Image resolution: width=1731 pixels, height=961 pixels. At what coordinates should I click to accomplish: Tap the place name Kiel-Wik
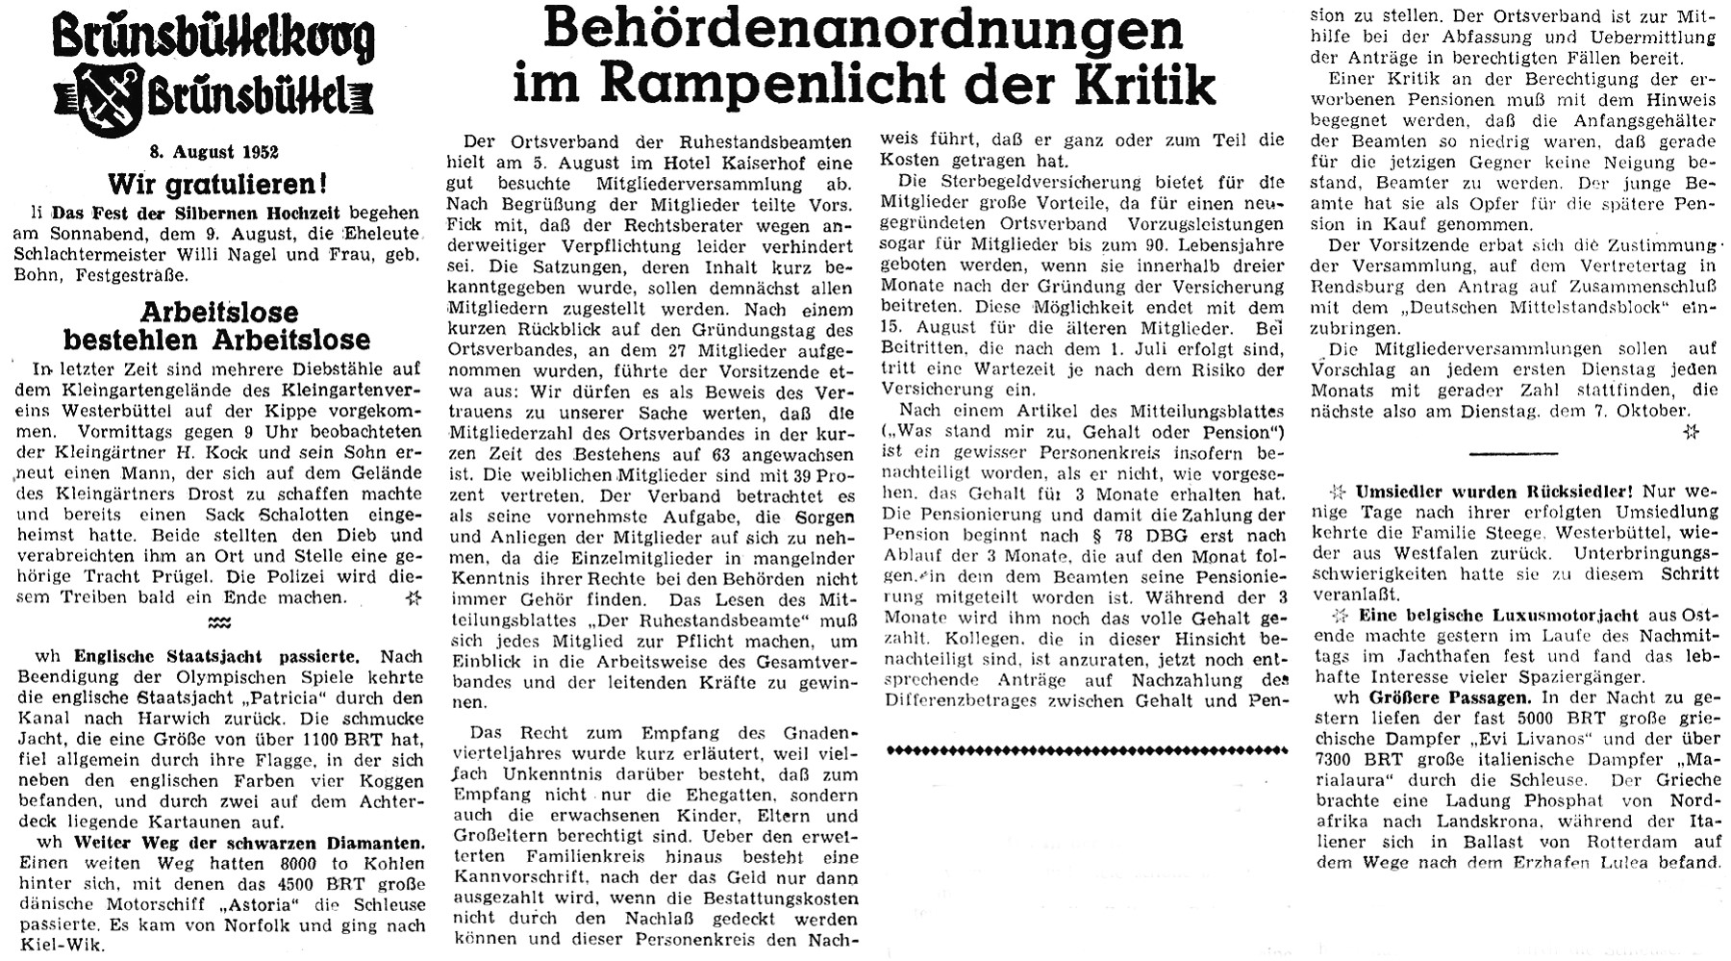(x=66, y=945)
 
